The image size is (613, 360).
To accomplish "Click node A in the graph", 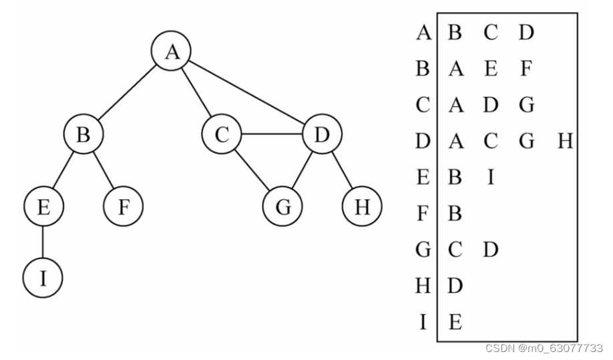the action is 171,51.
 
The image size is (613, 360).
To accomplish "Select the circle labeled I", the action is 43,278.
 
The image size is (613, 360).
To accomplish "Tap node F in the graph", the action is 124,206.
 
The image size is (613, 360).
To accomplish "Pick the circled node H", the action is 362,206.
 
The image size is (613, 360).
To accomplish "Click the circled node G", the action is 282,206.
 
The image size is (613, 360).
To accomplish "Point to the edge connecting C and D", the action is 272,134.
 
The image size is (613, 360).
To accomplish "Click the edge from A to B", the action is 127,93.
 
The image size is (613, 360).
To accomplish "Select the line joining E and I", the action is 43,242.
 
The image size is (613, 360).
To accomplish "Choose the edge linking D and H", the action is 342,170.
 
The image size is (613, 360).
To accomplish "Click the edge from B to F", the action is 104,170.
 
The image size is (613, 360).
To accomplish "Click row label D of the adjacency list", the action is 423,141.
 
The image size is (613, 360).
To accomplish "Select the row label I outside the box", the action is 423,322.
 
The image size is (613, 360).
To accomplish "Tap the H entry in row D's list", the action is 566,141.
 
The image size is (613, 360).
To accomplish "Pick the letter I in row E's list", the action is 491,177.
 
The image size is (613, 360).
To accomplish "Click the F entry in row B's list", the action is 526,68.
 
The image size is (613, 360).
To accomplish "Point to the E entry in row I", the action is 455,322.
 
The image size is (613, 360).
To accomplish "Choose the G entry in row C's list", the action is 527,105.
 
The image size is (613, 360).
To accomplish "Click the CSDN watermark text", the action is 544,347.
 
